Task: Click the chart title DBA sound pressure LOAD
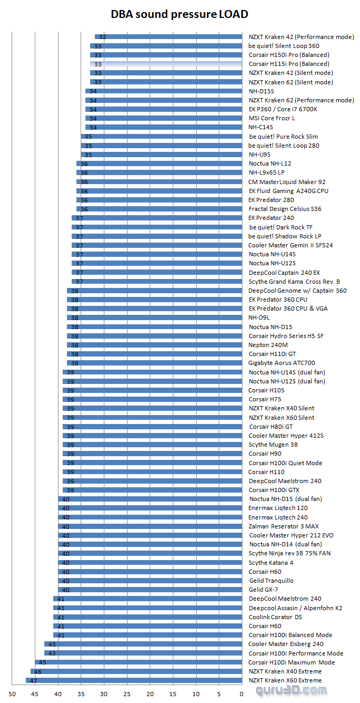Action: [179, 14]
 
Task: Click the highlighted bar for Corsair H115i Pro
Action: [166, 64]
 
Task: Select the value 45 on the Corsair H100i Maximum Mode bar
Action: [43, 662]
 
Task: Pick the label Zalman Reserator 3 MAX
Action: [284, 526]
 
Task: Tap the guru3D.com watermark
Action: [291, 690]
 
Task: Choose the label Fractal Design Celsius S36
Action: [285, 209]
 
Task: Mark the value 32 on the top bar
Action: [103, 37]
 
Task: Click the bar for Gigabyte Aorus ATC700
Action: [154, 363]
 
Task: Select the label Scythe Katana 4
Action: [271, 563]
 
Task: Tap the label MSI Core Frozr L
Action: [271, 118]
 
